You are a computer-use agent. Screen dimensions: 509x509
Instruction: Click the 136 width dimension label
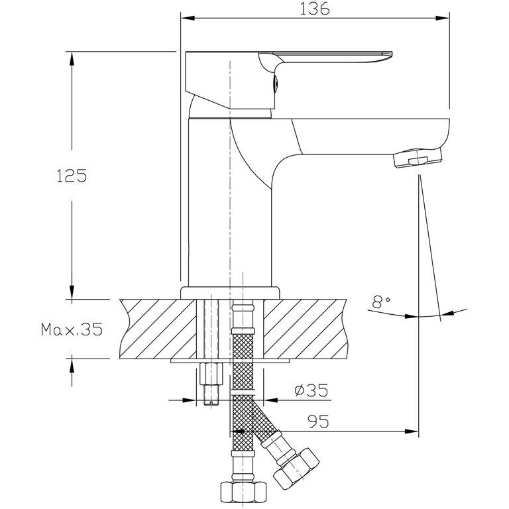314,9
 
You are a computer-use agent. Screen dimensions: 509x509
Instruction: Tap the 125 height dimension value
72,176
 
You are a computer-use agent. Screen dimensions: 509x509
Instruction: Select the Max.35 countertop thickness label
72,329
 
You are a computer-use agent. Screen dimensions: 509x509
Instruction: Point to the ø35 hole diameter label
311,390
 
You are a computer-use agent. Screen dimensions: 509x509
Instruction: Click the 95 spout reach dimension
318,422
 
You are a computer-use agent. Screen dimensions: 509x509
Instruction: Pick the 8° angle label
381,302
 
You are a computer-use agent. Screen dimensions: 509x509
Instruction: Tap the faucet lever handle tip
387,54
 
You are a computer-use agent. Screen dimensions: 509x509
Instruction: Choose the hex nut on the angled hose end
296,466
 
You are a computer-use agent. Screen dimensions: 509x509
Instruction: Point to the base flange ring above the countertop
230,292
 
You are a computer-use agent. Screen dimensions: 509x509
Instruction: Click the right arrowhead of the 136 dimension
443,18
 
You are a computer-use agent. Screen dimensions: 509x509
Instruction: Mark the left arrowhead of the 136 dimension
188,18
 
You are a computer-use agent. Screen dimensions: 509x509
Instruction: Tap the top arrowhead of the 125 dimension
72,59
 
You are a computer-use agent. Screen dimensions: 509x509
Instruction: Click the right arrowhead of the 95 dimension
412,431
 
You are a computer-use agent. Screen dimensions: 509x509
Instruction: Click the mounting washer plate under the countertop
230,361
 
